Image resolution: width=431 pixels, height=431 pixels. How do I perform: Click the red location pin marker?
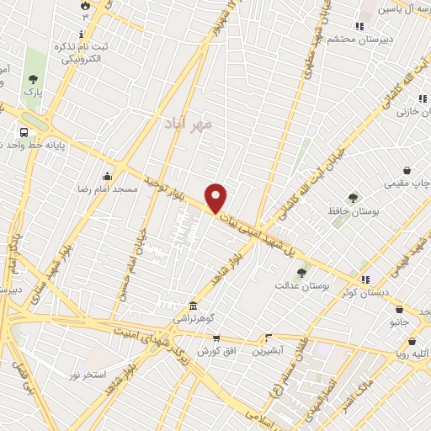[216, 197]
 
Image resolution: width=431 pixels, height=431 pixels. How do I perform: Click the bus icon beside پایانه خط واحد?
[23, 132]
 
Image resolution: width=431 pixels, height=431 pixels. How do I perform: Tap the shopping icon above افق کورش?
[216, 338]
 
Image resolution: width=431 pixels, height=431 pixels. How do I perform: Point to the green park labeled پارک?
[34, 67]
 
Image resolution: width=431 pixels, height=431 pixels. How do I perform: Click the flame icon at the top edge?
[84, 6]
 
